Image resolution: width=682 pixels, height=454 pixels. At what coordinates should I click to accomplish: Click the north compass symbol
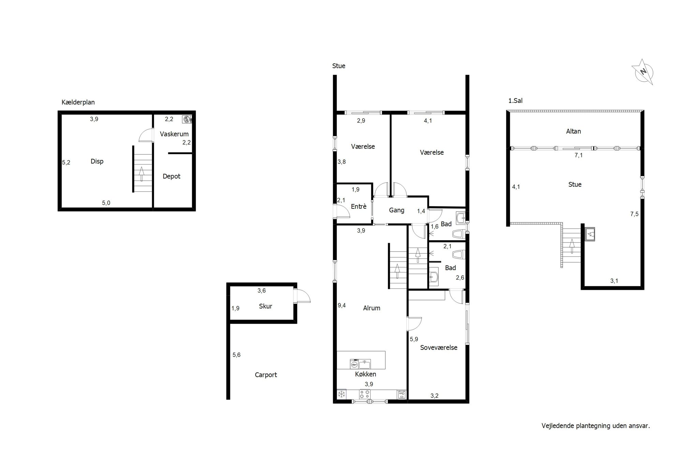point(643,72)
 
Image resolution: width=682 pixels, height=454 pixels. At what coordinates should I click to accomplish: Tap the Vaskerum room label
point(174,134)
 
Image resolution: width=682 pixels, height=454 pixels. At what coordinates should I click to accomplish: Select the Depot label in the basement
point(172,176)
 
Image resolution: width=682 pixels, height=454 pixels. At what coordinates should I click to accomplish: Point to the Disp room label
point(97,161)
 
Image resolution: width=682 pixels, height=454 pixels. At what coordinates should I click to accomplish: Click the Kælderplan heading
point(78,102)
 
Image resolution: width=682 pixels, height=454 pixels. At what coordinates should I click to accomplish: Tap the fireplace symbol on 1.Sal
point(590,234)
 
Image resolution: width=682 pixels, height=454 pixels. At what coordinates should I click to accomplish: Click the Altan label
point(574,131)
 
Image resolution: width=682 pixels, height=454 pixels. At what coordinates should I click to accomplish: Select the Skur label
point(266,306)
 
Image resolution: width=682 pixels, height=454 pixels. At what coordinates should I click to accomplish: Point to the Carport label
point(266,375)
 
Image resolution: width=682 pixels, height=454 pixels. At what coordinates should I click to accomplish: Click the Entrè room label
point(359,206)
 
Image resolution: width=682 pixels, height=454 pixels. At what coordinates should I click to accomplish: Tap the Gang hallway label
point(397,210)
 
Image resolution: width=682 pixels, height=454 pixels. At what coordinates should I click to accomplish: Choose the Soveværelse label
point(439,348)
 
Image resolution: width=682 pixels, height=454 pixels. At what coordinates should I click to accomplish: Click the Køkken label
point(366,374)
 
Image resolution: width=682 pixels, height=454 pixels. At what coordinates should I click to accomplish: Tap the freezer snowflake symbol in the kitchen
point(341,394)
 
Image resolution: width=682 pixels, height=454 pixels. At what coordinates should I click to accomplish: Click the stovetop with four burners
point(365,394)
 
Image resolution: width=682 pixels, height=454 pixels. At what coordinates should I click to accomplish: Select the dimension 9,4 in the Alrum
point(342,306)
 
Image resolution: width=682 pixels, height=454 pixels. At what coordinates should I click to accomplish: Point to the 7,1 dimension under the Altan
point(579,155)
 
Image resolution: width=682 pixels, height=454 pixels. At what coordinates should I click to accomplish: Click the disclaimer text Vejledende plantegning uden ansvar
point(596,426)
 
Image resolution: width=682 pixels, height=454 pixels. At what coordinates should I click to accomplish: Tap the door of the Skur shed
point(302,296)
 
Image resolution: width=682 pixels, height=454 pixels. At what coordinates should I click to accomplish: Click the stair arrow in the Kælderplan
point(142,174)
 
